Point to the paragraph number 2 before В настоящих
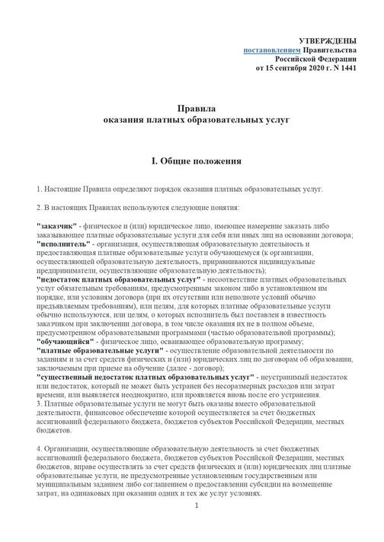pyautogui.click(x=39, y=206)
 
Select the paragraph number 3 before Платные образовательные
pyautogui.click(x=39, y=406)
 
